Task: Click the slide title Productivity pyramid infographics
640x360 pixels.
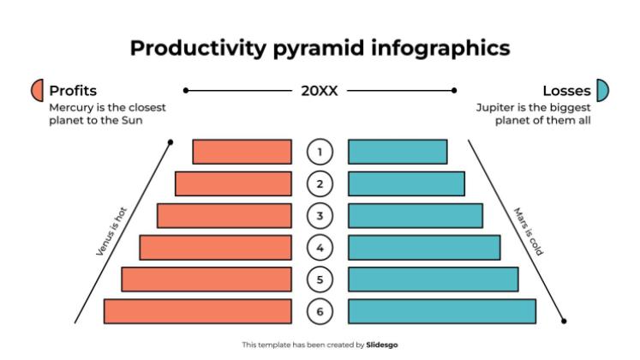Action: [320, 48]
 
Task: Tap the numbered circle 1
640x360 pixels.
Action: [320, 152]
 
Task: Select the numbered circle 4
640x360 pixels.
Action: [320, 248]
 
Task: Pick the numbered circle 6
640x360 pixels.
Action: [320, 311]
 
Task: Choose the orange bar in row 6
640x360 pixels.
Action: [197, 311]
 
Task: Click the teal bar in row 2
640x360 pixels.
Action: [406, 183]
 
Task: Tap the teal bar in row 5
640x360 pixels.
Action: [433, 279]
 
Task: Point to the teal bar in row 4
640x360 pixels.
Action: [424, 248]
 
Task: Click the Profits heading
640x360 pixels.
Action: [73, 90]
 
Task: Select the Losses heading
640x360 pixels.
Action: [566, 90]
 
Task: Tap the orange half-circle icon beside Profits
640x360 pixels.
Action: [37, 90]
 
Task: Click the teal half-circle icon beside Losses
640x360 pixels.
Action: [602, 90]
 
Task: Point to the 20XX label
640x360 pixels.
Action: [320, 90]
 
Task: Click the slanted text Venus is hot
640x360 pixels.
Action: [111, 231]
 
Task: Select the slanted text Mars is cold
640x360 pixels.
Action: [529, 231]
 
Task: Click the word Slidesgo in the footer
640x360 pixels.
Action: [382, 345]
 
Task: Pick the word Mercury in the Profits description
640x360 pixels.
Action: [71, 107]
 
